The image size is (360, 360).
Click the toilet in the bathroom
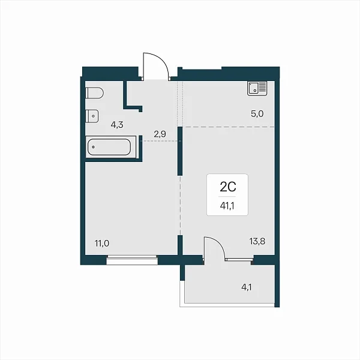coord(94,93)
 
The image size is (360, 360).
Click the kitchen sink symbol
coord(257,88)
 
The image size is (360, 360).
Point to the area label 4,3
coord(117,125)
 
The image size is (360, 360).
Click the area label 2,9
coord(160,134)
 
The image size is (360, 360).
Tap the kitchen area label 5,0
coord(257,113)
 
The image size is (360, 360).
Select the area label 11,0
coord(102,243)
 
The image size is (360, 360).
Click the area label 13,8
coord(257,241)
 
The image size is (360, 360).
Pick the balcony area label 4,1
coord(247,287)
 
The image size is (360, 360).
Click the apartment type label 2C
coord(228,187)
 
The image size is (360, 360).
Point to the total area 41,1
coord(227,206)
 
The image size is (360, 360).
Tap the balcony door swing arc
coord(218,243)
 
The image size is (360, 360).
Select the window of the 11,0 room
coord(132,260)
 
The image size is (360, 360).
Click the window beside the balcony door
coord(239,259)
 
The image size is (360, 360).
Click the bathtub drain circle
coord(93,147)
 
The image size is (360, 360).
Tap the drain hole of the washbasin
coord(93,116)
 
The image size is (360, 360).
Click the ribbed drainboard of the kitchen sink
coord(262,86)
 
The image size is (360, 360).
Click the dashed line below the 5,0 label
coord(229,127)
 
